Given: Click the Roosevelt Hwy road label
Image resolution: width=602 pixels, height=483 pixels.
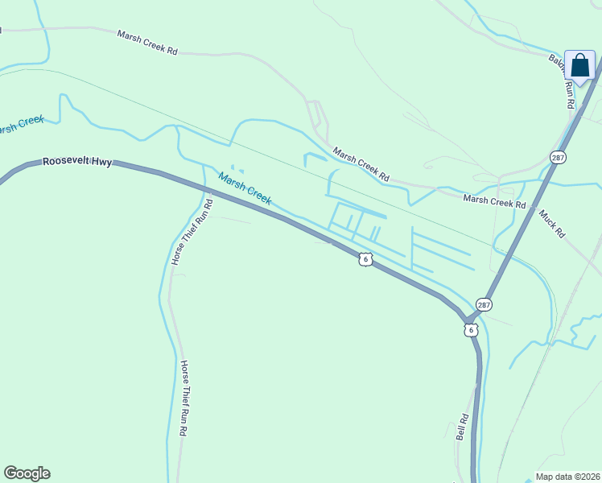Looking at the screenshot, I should [77, 162].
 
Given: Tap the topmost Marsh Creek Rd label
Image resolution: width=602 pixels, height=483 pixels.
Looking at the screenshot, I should [147, 43].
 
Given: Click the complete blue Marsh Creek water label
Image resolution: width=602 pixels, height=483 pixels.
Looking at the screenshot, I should [245, 188].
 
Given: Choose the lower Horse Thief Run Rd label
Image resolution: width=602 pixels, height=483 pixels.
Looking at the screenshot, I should [183, 398].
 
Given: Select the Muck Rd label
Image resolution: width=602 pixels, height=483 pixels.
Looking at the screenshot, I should [553, 223].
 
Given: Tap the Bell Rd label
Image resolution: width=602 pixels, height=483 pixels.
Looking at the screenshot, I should [463, 426].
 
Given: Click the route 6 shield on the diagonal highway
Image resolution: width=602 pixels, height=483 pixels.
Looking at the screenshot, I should [366, 258].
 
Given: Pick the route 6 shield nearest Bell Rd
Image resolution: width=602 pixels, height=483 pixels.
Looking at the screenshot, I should [471, 330].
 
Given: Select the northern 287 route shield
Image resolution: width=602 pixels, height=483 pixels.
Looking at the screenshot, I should [558, 157].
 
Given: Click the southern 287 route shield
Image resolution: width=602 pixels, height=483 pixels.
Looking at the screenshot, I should [483, 305].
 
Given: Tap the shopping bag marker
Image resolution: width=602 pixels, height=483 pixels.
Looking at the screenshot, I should [579, 66].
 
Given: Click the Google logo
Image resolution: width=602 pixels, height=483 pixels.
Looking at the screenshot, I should [27, 473].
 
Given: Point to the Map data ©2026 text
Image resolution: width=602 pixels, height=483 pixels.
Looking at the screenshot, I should [567, 476].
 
